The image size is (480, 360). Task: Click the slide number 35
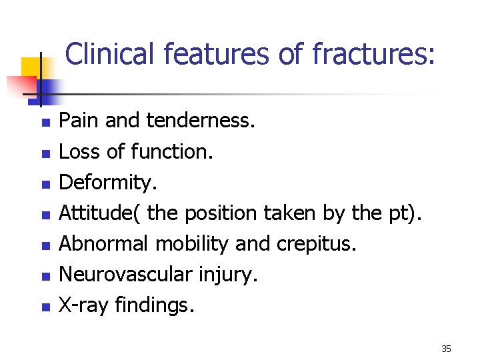pos(446,349)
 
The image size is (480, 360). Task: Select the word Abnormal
pos(104,244)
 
